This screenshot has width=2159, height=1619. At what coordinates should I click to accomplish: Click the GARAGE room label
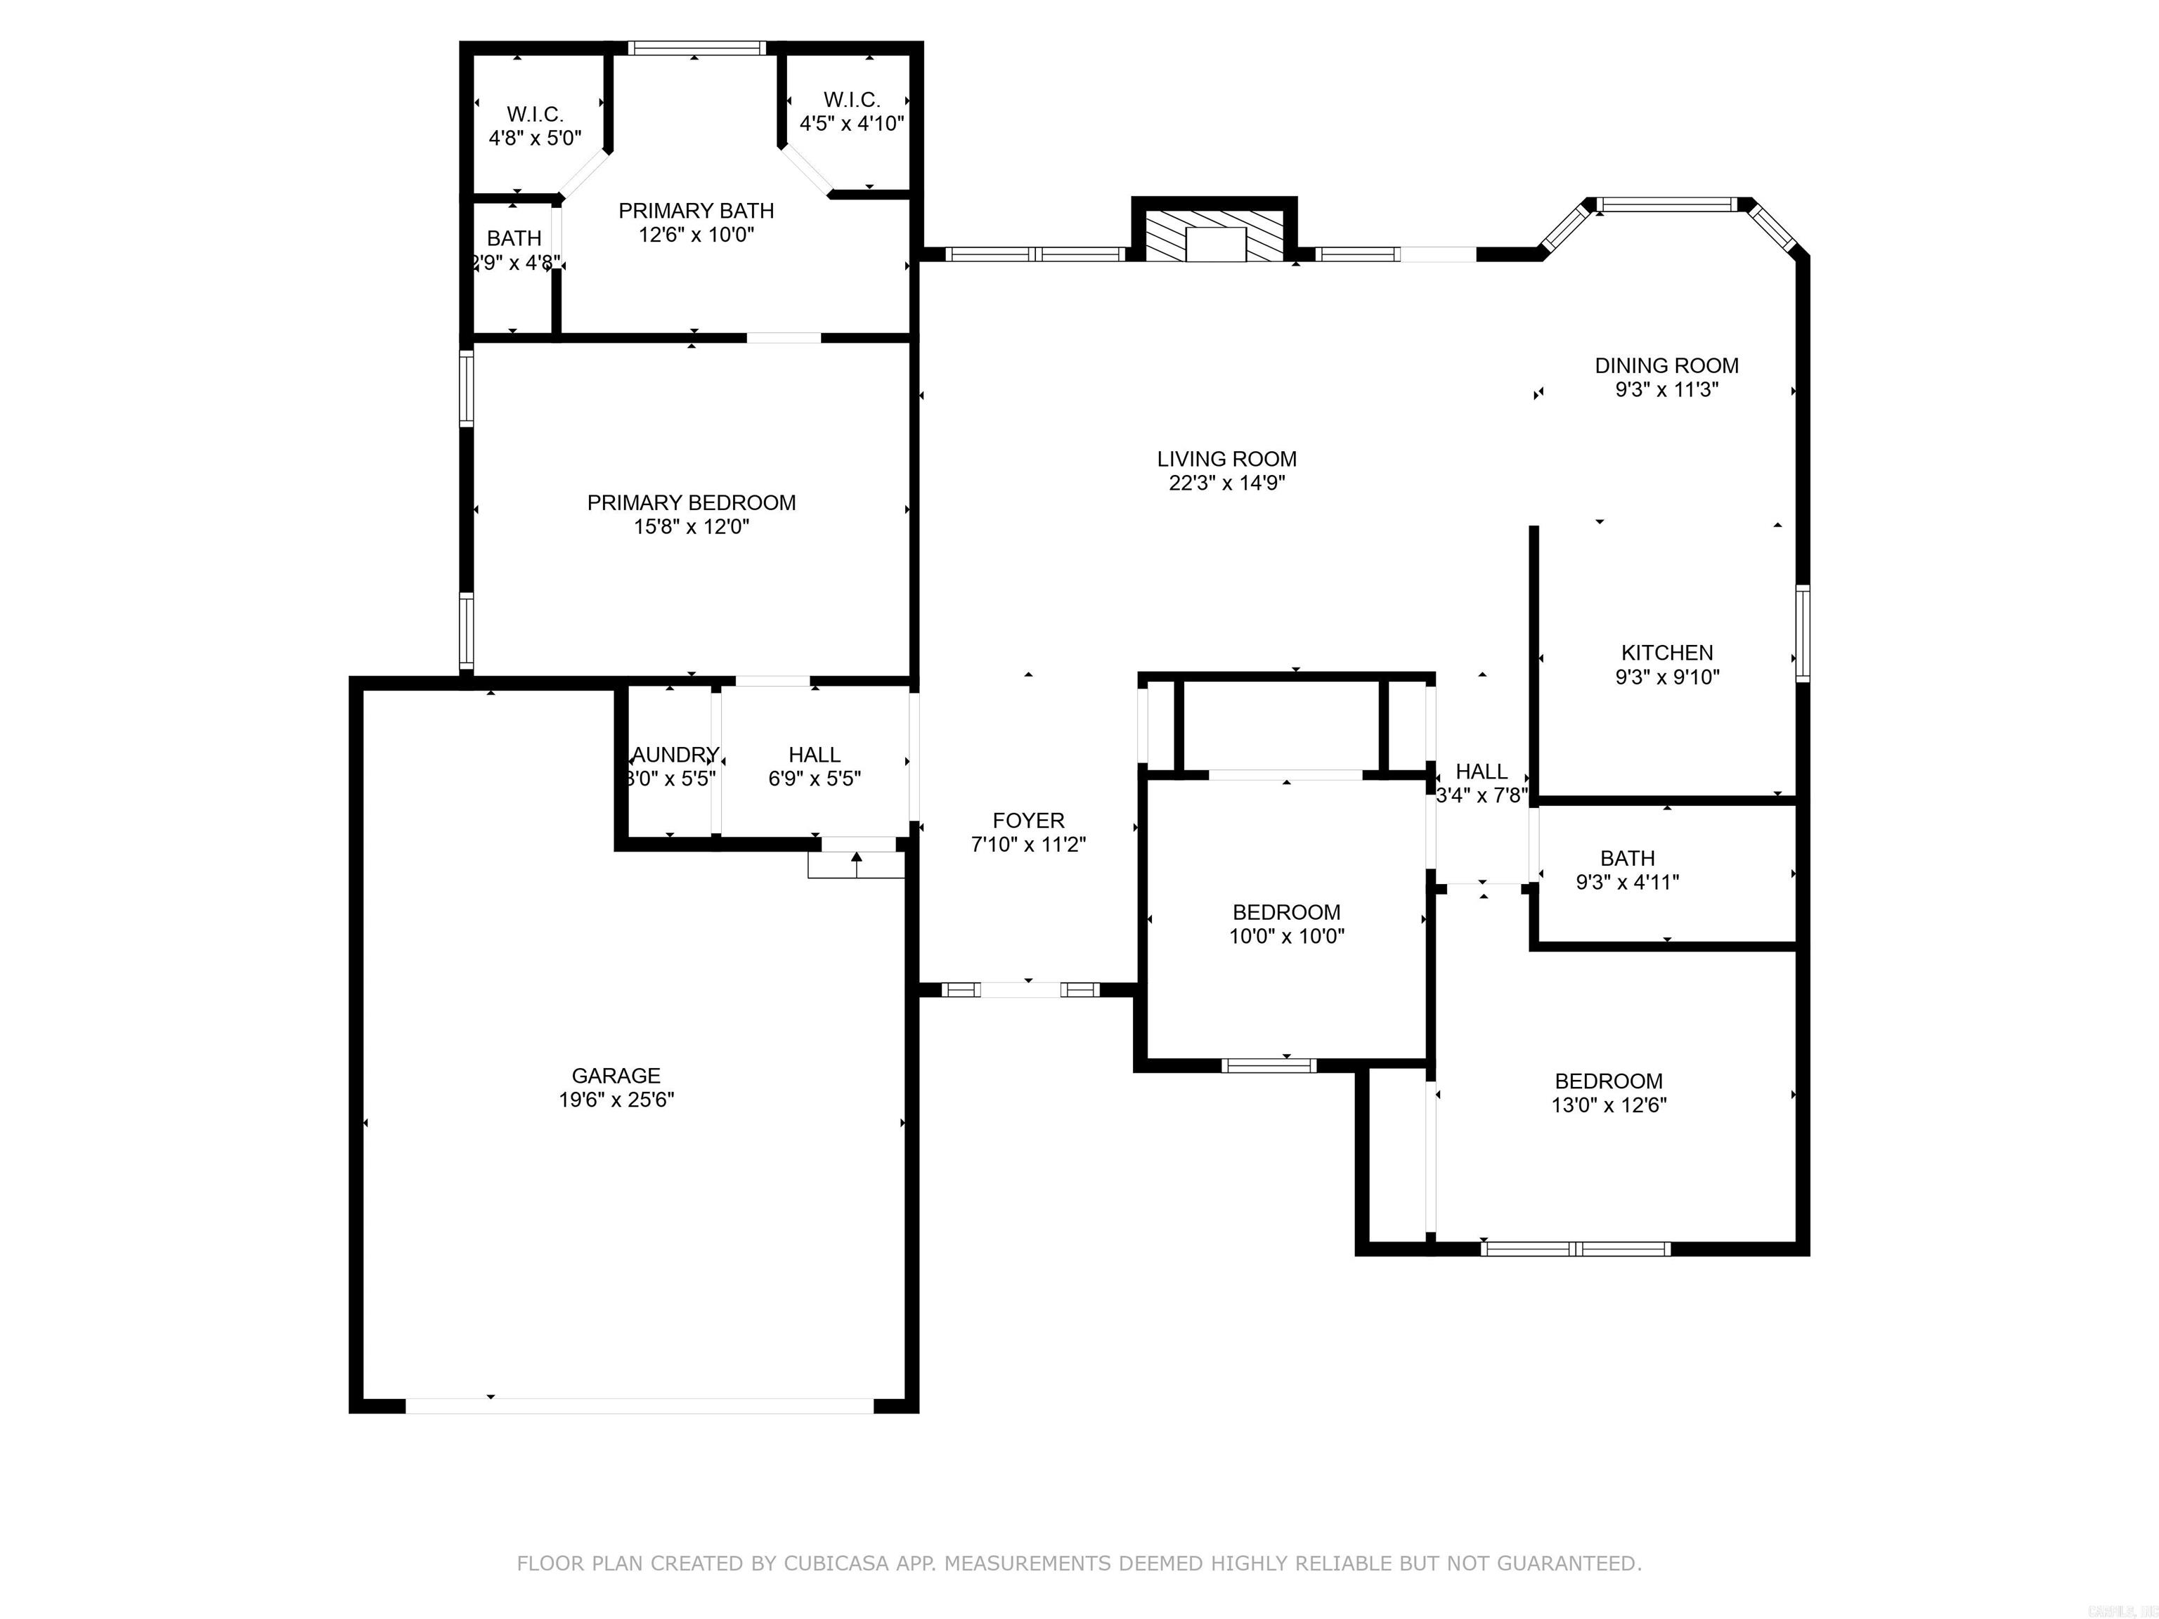(615, 1075)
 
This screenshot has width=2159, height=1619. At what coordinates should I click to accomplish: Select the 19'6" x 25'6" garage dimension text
(615, 1100)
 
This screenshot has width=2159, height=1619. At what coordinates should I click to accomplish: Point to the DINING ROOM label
(1666, 366)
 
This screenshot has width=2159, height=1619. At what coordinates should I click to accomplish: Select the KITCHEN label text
(1666, 653)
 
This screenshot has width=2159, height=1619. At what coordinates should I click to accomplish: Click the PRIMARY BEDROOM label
(691, 502)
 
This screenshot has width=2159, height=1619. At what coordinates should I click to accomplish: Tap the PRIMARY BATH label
(696, 211)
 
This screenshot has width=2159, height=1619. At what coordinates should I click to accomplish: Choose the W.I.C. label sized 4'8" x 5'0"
(535, 114)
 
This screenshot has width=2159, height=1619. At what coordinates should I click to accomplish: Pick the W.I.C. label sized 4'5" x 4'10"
(851, 100)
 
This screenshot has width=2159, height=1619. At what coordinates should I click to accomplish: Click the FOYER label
(1027, 821)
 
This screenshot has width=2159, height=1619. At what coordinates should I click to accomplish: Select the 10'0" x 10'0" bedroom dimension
(1285, 937)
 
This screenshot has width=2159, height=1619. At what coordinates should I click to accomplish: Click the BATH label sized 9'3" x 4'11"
(1627, 859)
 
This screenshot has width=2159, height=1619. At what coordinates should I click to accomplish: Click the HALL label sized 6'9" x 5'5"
(814, 755)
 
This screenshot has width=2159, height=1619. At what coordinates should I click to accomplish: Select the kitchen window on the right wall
(1802, 632)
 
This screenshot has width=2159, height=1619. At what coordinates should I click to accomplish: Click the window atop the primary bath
(696, 48)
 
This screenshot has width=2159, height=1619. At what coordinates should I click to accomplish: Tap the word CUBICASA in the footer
(836, 1564)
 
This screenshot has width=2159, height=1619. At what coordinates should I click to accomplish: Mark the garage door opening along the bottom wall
(640, 1405)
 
